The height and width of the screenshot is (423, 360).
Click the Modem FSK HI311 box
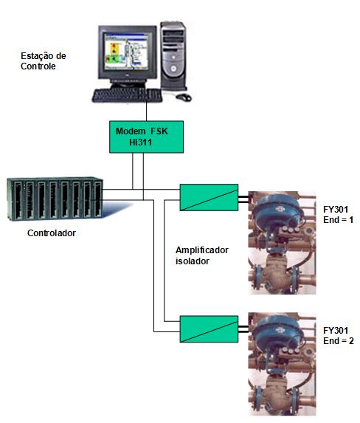click(146, 137)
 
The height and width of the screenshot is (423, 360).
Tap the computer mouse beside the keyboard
click(184, 97)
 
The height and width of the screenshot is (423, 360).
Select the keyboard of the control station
click(127, 95)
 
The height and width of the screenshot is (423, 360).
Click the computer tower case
click(173, 56)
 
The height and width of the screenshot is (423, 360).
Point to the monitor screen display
click(126, 52)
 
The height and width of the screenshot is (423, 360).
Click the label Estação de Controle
click(43, 61)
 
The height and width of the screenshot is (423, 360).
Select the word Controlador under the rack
click(52, 233)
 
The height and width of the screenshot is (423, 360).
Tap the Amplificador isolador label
click(202, 255)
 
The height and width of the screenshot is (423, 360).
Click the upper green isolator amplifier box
click(209, 197)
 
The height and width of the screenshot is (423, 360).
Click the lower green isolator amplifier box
click(209, 329)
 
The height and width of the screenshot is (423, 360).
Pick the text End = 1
click(338, 220)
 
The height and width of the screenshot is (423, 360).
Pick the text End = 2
click(338, 341)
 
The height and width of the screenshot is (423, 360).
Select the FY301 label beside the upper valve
click(336, 210)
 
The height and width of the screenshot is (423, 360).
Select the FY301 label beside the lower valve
click(336, 331)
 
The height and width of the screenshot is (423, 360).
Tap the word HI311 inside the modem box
click(140, 142)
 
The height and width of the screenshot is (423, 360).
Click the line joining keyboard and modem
click(146, 111)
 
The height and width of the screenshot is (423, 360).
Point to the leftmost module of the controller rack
click(17, 199)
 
